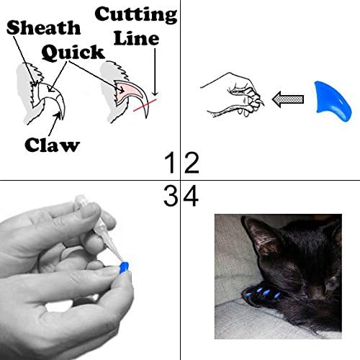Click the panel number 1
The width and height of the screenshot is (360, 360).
(171, 164)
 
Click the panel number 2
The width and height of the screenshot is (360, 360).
(191, 164)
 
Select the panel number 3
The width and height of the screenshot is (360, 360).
(171, 197)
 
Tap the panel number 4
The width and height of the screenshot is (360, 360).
(192, 197)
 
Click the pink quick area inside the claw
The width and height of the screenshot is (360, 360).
(130, 93)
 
